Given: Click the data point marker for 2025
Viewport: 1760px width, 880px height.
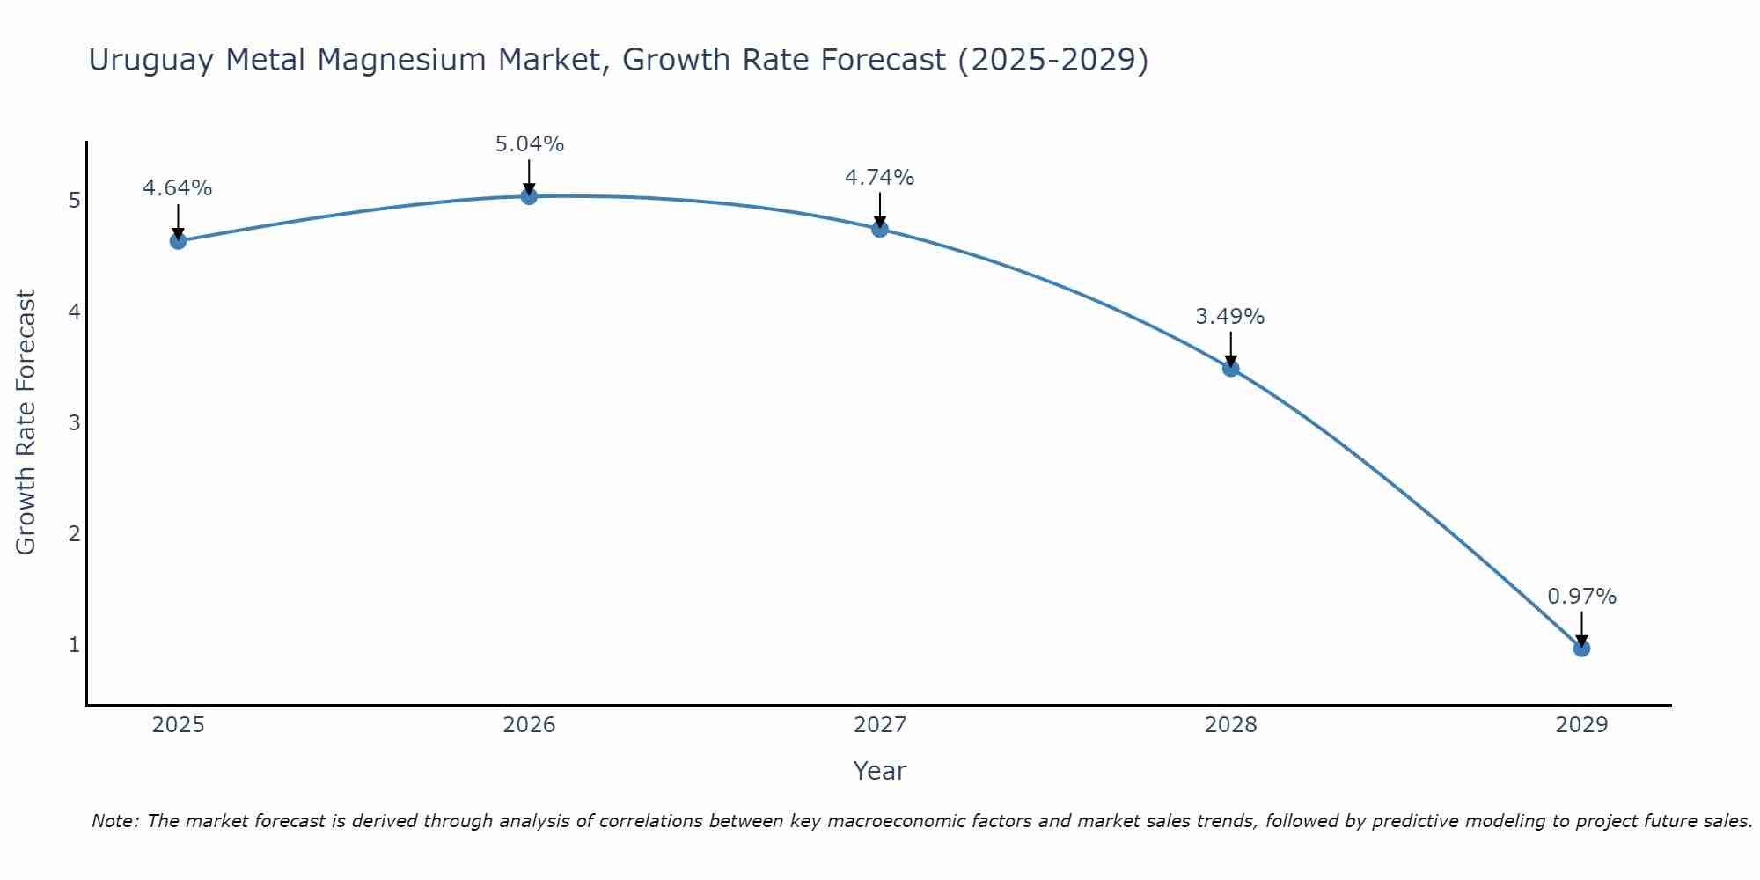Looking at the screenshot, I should (x=178, y=241).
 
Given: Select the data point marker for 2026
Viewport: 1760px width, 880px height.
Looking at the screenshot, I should (x=529, y=196).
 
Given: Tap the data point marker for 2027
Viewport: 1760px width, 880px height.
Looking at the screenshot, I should (x=880, y=230).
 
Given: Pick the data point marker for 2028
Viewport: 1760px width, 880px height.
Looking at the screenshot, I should (x=1230, y=369).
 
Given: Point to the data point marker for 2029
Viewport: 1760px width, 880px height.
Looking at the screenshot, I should (x=1581, y=649).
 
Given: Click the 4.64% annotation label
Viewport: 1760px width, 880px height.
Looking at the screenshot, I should (x=178, y=188).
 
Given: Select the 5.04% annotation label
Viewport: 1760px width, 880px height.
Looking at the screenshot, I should (x=529, y=144).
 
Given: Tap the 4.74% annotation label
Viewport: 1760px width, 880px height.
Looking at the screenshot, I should (x=880, y=178).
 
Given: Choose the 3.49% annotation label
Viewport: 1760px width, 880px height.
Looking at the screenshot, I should (x=1230, y=317).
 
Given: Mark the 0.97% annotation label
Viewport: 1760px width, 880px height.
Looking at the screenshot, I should (x=1581, y=597).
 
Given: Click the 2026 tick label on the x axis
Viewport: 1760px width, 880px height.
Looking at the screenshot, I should (x=529, y=725).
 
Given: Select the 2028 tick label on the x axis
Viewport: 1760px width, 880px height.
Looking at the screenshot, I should (x=1230, y=725).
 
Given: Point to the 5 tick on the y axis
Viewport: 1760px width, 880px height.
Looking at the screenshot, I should (x=74, y=201).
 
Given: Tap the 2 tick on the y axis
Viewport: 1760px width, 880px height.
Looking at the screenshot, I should (x=74, y=534).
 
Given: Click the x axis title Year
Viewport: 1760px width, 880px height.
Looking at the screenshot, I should (x=880, y=771).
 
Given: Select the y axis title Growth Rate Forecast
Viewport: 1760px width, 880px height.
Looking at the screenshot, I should (x=26, y=422).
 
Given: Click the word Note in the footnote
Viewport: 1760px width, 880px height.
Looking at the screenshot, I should (x=114, y=821).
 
